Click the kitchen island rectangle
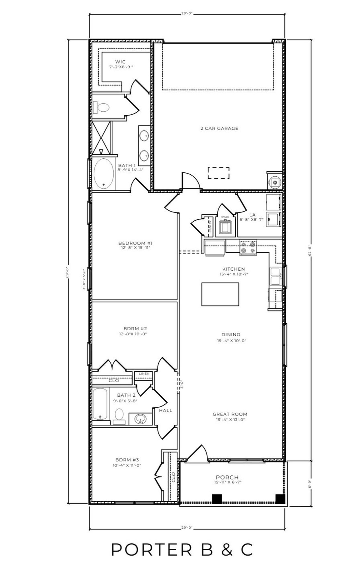(x=220, y=294)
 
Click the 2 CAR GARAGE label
(x=219, y=129)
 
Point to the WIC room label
(x=120, y=62)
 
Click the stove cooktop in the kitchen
(x=248, y=248)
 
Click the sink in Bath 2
(x=140, y=419)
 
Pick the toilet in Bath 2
(x=119, y=415)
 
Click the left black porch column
(x=217, y=499)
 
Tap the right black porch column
(x=280, y=499)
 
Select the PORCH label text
(x=227, y=477)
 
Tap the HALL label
(x=165, y=411)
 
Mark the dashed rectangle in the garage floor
(x=219, y=173)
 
